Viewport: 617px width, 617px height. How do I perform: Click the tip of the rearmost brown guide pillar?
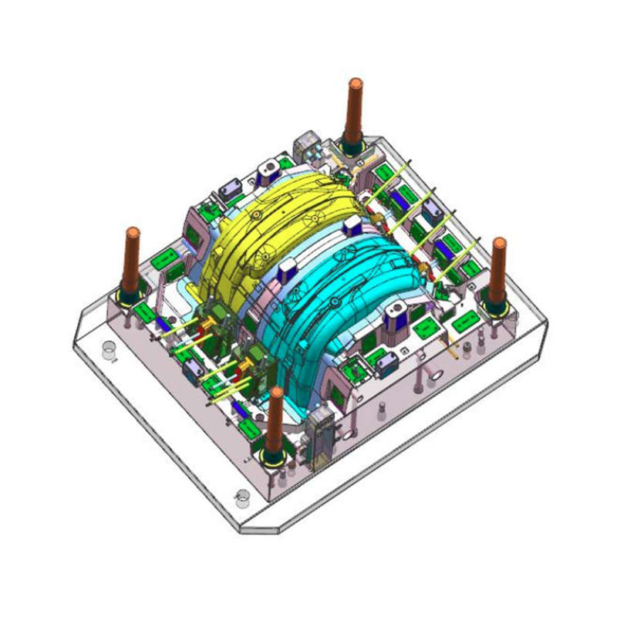pyautogui.click(x=355, y=83)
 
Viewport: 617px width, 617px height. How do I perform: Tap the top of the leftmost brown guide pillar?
pyautogui.click(x=133, y=232)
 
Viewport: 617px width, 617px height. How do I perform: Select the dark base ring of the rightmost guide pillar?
pyautogui.click(x=494, y=307)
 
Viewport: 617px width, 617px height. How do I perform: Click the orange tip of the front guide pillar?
pyautogui.click(x=275, y=393)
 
